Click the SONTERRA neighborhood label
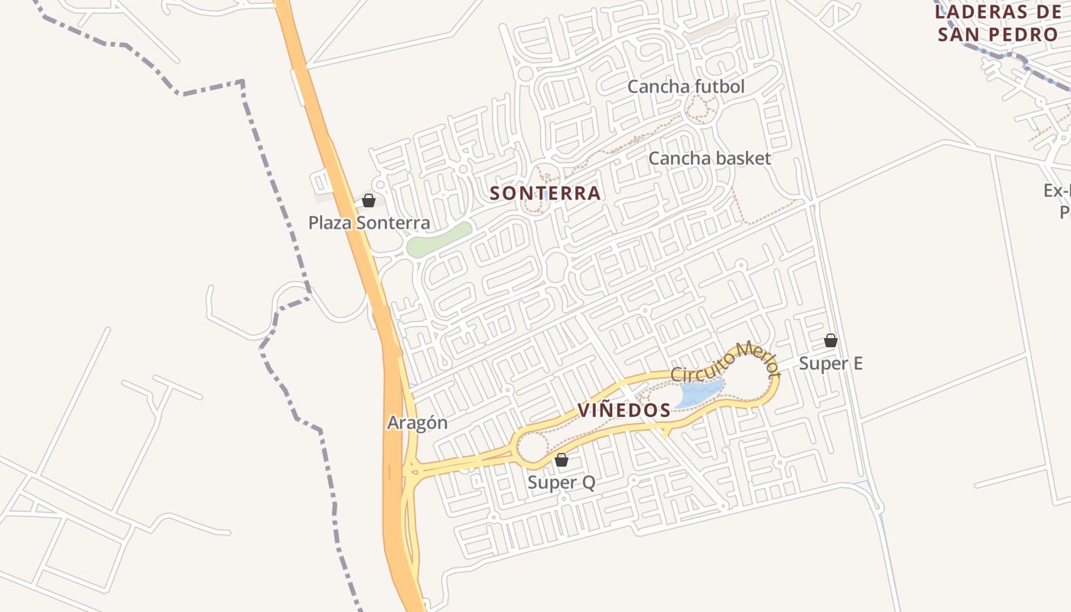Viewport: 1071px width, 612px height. (545, 193)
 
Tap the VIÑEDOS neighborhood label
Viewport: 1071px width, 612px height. (624, 410)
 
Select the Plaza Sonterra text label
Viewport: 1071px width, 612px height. (369, 223)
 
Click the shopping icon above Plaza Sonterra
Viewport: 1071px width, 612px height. (369, 200)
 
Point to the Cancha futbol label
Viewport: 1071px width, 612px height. (685, 86)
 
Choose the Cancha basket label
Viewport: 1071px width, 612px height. (709, 158)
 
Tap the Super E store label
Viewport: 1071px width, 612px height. (831, 363)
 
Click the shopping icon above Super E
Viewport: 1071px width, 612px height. (831, 340)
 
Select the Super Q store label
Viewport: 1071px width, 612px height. (562, 483)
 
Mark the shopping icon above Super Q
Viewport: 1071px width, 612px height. (562, 460)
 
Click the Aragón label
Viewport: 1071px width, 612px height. (417, 422)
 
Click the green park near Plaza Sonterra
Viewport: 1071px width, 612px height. (439, 239)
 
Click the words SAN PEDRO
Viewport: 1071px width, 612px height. (998, 35)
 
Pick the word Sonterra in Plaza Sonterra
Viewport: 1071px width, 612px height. (396, 223)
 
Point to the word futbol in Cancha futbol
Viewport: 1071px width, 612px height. (719, 86)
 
